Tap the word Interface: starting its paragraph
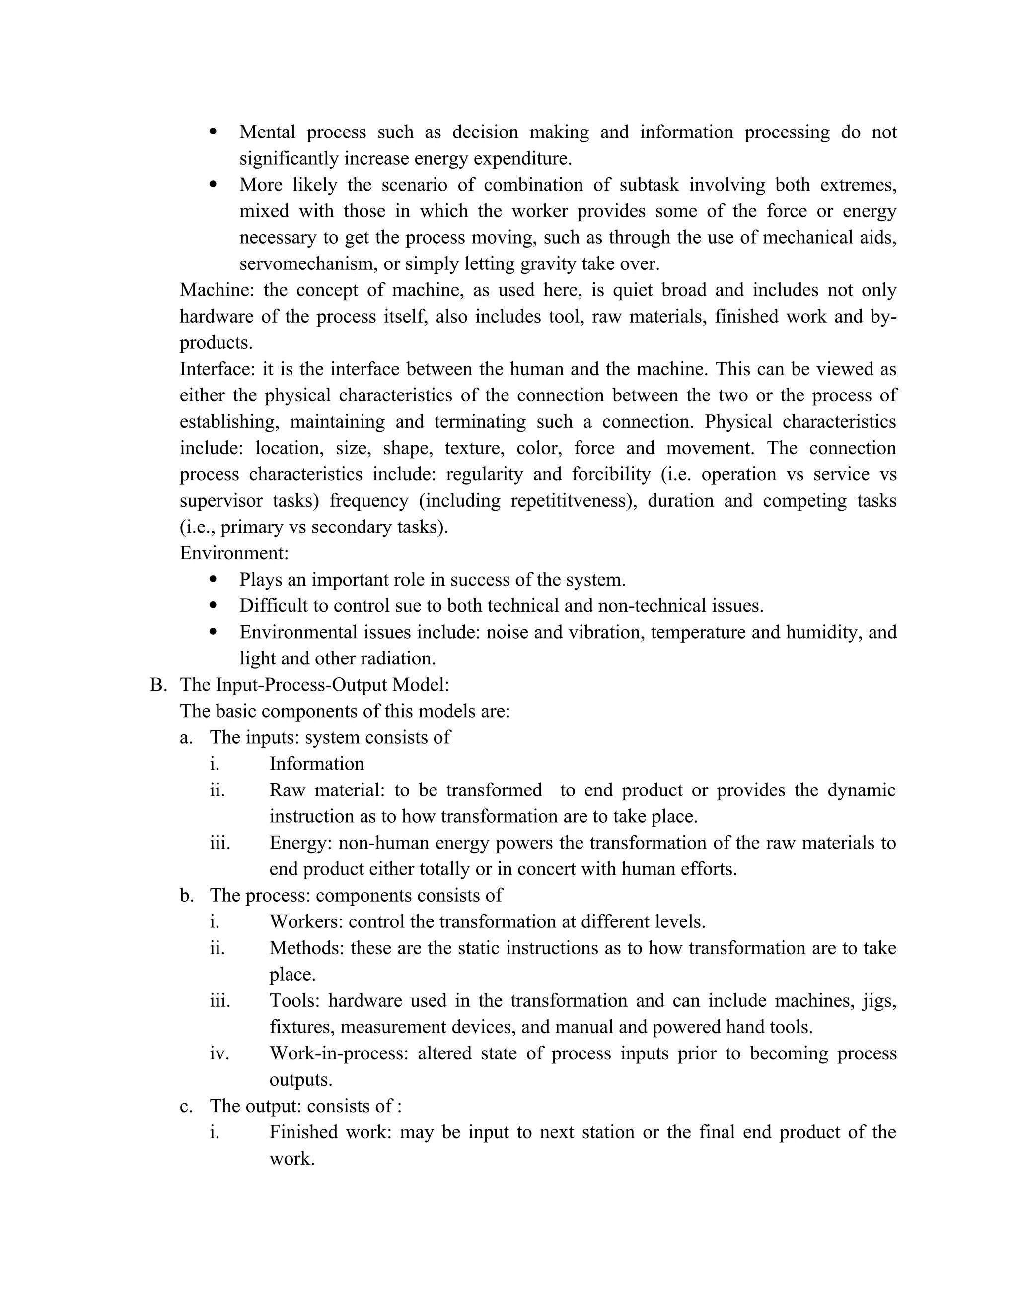pyautogui.click(x=217, y=369)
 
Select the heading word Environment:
pyautogui.click(x=234, y=553)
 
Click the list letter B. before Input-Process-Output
pyautogui.click(x=158, y=685)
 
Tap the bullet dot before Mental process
pyautogui.click(x=213, y=132)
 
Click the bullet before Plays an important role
pyautogui.click(x=213, y=579)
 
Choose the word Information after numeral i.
pyautogui.click(x=316, y=764)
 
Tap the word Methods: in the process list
pyautogui.click(x=306, y=948)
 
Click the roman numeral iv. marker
pyautogui.click(x=219, y=1053)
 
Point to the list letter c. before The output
pyautogui.click(x=186, y=1106)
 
